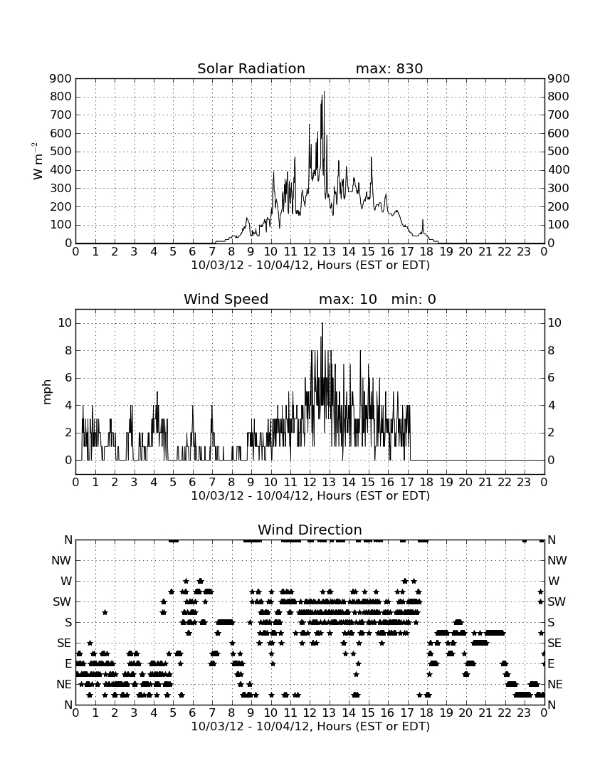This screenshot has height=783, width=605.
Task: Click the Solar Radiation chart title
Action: [x=251, y=68]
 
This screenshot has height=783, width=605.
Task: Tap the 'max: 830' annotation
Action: [x=389, y=68]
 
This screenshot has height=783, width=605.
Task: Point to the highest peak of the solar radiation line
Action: [x=323, y=92]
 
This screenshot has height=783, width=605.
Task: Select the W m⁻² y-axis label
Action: [x=38, y=161]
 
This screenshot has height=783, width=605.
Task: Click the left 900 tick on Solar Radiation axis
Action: [x=61, y=79]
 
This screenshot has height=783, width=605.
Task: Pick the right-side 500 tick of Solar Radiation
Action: [x=559, y=152]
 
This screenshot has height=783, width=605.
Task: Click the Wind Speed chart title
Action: [x=226, y=299]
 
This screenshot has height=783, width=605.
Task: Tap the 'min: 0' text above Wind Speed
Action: [x=414, y=299]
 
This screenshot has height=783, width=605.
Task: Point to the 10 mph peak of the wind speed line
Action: [x=322, y=324]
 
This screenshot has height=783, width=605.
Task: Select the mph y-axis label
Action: [x=47, y=392]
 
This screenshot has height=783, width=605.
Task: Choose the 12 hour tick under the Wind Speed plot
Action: [x=310, y=483]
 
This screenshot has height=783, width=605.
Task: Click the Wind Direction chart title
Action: [x=310, y=530]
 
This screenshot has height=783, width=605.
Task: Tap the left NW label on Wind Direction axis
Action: [x=61, y=561]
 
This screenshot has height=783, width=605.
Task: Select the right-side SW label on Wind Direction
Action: [x=557, y=602]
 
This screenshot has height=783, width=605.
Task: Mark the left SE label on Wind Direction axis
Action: [x=64, y=643]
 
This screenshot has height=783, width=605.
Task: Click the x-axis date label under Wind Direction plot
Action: [x=310, y=726]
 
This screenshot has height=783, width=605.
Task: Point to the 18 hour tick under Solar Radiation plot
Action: [x=426, y=252]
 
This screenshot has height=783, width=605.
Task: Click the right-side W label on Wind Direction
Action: [x=554, y=582]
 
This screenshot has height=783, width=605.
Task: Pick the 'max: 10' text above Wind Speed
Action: [x=348, y=299]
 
